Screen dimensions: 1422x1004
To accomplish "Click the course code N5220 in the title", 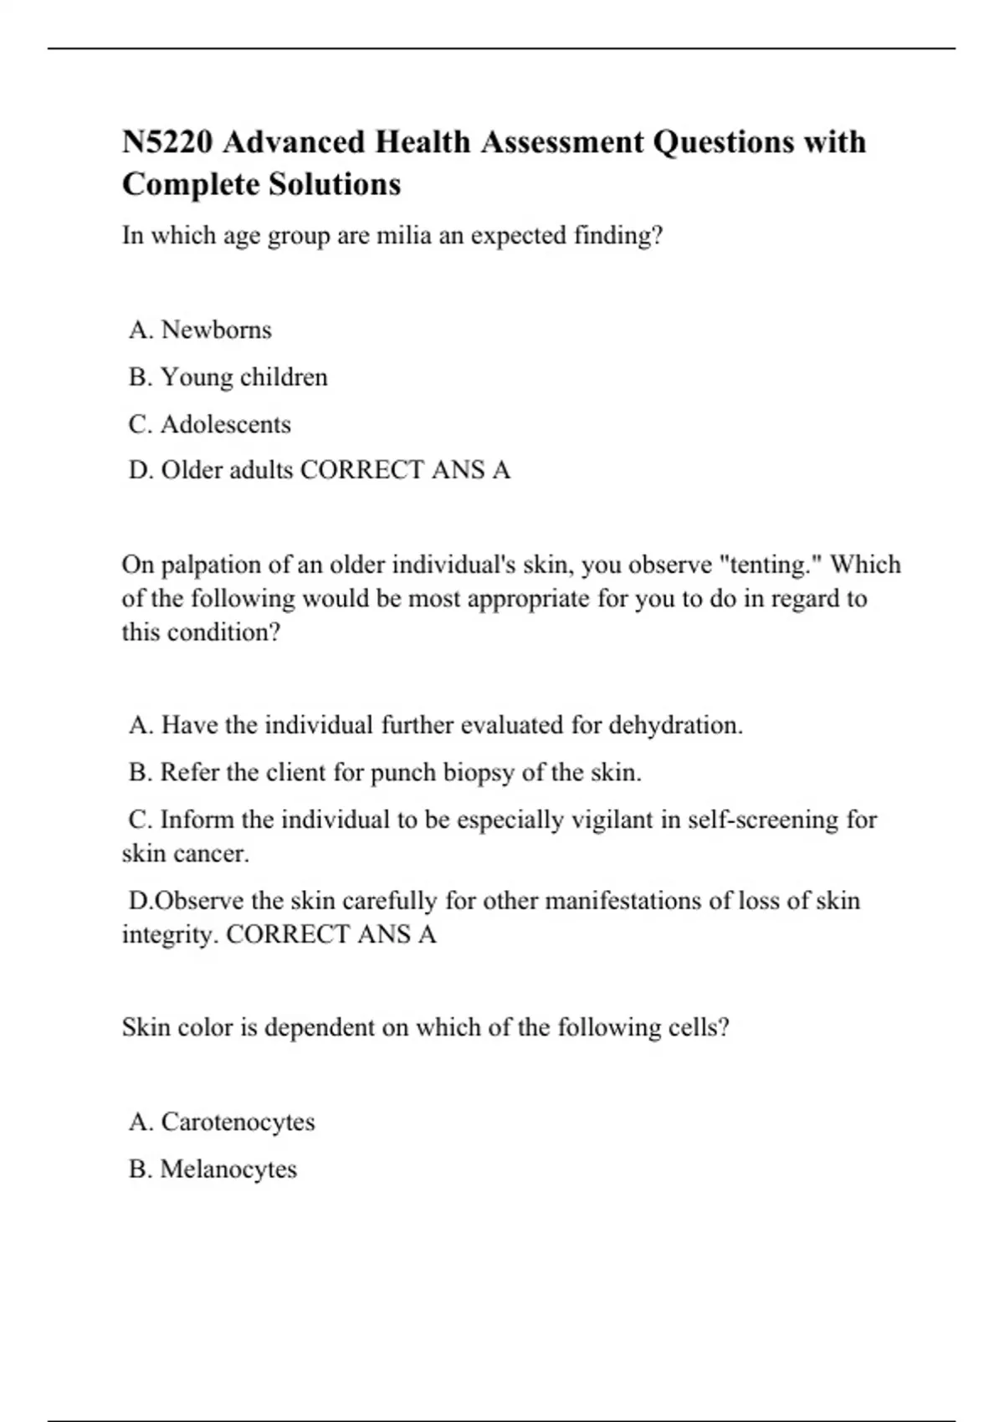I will coord(167,142).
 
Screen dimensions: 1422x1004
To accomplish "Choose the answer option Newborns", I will coord(216,330).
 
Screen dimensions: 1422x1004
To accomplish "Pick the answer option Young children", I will coord(243,377).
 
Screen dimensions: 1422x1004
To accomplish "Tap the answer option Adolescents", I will coord(225,424).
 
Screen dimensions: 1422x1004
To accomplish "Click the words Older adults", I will coord(227,470).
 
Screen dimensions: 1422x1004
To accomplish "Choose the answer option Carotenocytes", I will coord(238,1122).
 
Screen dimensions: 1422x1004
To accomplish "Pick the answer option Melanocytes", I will coord(228,1169).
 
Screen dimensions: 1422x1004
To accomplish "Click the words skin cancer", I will coord(185,854).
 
